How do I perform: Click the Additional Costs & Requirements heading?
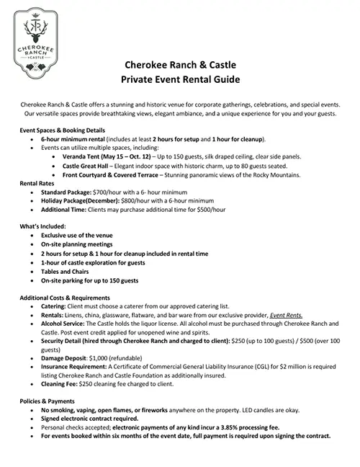71,298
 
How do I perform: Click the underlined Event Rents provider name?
287,314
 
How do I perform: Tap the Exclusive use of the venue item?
83,235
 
